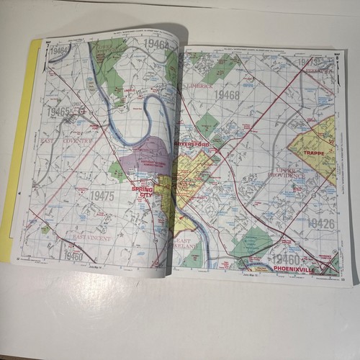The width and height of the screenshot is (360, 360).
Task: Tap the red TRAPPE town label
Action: [315, 153]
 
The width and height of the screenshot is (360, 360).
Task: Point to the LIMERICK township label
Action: [199, 86]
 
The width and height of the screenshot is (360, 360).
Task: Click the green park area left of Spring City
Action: [117, 171]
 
